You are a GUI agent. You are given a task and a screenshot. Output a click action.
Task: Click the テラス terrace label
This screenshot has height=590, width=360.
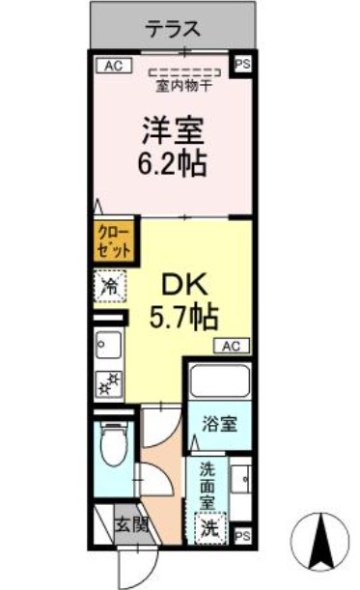click(174, 30)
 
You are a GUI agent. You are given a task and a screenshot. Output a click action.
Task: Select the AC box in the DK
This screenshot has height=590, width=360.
click(231, 345)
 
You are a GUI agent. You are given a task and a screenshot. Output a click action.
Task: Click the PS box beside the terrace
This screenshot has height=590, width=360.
click(241, 66)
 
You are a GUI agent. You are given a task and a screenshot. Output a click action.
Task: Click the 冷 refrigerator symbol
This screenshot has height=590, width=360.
click(109, 286)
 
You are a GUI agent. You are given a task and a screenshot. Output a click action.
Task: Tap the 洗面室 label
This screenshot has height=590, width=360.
click(208, 487)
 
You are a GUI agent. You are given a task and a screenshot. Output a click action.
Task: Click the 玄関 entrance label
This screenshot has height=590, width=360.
click(132, 525)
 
